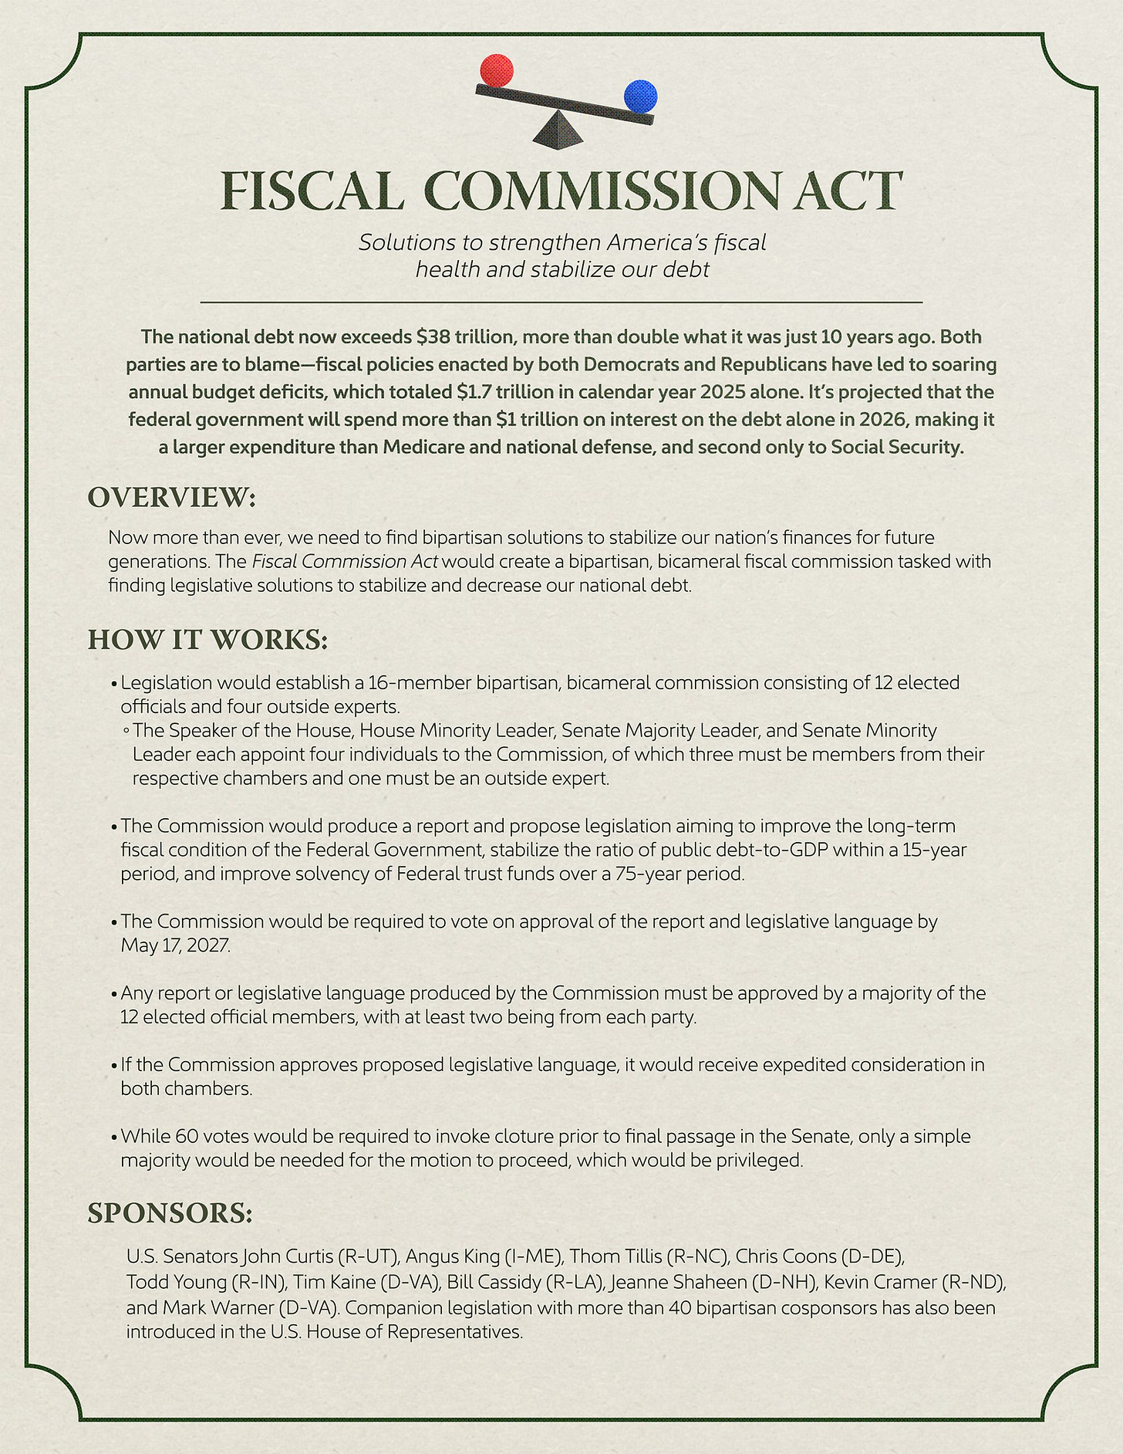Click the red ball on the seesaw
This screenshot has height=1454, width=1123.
(496, 70)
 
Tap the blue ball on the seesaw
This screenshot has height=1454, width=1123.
(640, 96)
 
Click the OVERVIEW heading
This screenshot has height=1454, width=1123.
(171, 498)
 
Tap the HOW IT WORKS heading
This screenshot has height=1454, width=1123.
(208, 640)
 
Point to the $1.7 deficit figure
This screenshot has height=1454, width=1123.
(477, 392)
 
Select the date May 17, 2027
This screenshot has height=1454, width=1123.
(175, 945)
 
